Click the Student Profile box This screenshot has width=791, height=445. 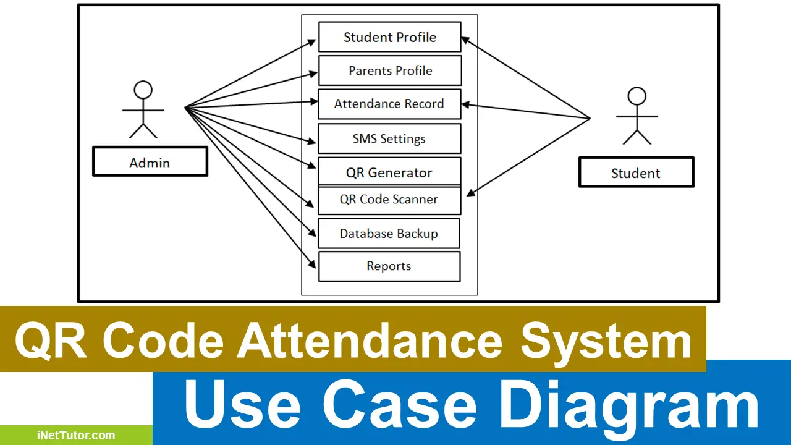(390, 36)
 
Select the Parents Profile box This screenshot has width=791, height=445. (390, 70)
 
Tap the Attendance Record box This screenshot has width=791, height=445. (389, 104)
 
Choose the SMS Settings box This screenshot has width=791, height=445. (389, 138)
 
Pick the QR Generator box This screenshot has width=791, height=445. (389, 172)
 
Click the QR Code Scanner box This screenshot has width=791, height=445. (389, 200)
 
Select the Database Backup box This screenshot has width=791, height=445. (389, 234)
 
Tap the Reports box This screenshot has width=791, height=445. (389, 266)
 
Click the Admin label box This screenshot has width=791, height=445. (150, 161)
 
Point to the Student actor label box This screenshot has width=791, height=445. (636, 172)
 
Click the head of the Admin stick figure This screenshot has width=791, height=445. (143, 90)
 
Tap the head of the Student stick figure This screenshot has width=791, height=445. (637, 96)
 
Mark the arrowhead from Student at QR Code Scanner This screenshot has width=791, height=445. (471, 192)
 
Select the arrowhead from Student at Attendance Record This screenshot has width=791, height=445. (465, 104)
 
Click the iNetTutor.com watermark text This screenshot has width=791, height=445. (76, 435)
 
